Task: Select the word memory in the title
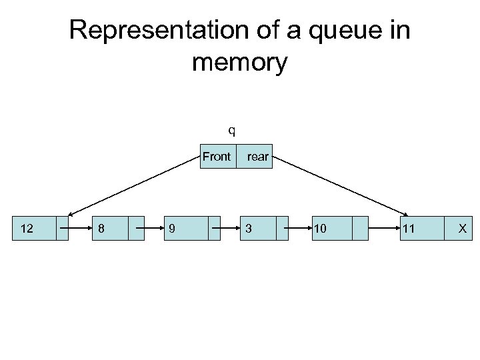(x=239, y=63)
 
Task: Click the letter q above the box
(x=231, y=129)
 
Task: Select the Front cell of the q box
(x=217, y=157)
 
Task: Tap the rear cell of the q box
(x=257, y=157)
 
